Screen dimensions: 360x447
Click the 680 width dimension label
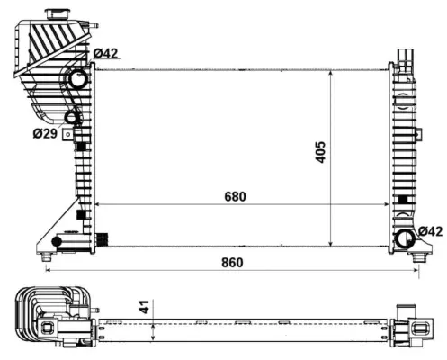(236, 196)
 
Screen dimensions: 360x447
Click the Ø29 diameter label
(44, 133)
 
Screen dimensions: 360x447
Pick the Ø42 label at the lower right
(430, 231)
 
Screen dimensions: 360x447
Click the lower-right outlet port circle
(405, 238)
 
